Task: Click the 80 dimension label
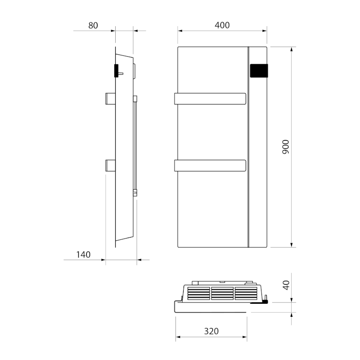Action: pos(93,26)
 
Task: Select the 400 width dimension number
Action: pos(222,26)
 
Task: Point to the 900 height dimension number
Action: pos(286,147)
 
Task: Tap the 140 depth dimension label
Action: pos(83,255)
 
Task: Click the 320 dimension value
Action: pos(211,332)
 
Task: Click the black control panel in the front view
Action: pos(259,72)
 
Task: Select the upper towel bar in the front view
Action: pos(210,99)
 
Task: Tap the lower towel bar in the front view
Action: pos(210,166)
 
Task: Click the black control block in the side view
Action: pos(116,71)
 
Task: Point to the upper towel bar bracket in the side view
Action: pos(110,99)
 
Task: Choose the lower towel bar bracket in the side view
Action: pos(110,166)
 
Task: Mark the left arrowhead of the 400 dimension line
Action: pos(180,31)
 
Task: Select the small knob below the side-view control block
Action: pos(121,73)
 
